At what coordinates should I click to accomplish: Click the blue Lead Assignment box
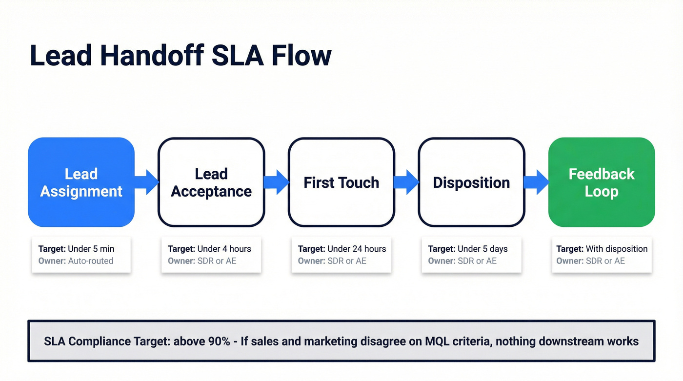(x=81, y=182)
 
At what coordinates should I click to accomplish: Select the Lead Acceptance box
(x=211, y=182)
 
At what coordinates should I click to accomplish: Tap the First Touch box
(x=341, y=182)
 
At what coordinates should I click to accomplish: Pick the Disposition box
(x=471, y=182)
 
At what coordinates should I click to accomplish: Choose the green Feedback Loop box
(x=602, y=182)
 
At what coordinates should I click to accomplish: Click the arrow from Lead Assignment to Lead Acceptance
(x=146, y=182)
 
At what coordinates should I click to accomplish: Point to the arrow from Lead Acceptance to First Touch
(x=277, y=182)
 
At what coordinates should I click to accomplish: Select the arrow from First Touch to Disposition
(x=406, y=182)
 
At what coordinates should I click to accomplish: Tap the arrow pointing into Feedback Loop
(x=537, y=182)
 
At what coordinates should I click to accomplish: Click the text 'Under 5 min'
(x=91, y=249)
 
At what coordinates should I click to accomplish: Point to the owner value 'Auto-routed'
(x=90, y=261)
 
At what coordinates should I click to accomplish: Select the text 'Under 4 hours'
(x=224, y=249)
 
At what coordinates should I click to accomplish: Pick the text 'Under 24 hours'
(x=357, y=249)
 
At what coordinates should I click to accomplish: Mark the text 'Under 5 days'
(x=482, y=249)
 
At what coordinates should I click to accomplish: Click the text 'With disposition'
(x=617, y=249)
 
